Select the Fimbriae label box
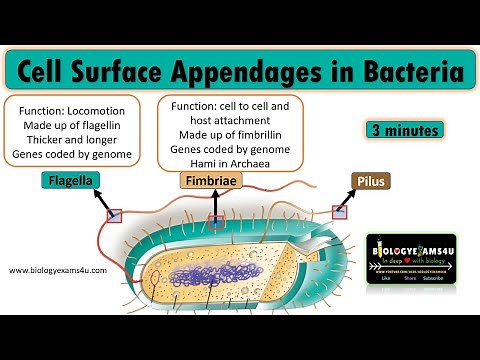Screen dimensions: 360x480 click(209, 182)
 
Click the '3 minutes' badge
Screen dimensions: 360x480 click(393, 129)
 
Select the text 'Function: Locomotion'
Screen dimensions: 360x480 click(72, 108)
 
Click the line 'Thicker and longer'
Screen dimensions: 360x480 click(72, 140)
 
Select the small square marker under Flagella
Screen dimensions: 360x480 click(115, 215)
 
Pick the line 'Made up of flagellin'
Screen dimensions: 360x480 click(72, 124)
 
